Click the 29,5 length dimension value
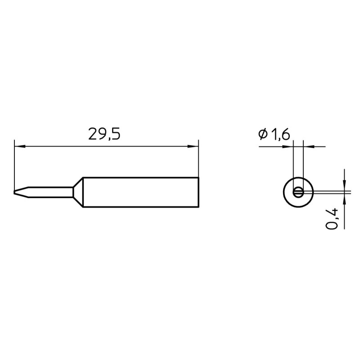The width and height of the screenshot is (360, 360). coord(104,135)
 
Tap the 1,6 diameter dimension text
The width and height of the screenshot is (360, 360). coord(280,135)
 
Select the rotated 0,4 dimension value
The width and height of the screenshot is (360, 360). coord(332,219)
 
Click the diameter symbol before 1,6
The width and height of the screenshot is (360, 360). coord(263,134)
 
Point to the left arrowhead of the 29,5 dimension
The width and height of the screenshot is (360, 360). coord(20,146)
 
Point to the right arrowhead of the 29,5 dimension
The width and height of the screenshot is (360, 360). coord(193,146)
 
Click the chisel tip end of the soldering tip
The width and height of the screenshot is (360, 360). coord(14,192)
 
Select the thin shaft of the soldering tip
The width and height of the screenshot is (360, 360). coord(50,192)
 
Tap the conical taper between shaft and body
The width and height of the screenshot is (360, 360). coord(78,192)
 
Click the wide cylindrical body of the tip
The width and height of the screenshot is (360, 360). coord(140,192)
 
